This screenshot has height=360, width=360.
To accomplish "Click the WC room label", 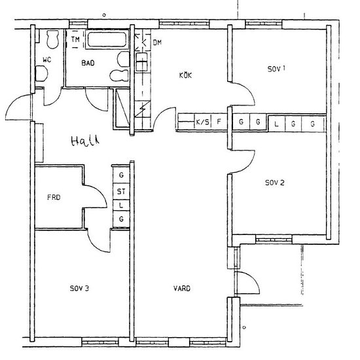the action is coord(47,60).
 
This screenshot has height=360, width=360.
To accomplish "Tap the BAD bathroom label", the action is coord(88,63).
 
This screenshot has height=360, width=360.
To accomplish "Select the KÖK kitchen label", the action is coord(185,75).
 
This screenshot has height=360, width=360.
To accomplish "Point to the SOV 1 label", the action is coord(276,69).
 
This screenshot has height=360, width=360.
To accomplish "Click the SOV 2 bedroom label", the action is coord(275,183).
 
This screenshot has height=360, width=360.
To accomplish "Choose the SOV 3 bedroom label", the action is coord(79,289).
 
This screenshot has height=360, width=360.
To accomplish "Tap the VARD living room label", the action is coord(182,289).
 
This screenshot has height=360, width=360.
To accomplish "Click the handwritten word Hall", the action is coord(85,141).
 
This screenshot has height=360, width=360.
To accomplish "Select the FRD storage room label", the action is coord(54,197).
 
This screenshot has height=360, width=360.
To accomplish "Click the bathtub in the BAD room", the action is coord(107,40).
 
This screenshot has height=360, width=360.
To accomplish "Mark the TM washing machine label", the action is coord(75,39).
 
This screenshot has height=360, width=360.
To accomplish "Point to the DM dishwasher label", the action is coord(157,43).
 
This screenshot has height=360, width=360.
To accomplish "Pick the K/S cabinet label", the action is coord(202,122).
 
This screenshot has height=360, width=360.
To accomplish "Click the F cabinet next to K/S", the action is coord(219,122).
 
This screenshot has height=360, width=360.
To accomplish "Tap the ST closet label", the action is coord(121,191).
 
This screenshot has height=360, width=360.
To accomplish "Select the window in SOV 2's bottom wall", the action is coord(274,240).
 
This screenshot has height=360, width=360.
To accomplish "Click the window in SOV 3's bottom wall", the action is coord(100,342).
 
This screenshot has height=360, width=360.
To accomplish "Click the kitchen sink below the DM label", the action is coord(141,62).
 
